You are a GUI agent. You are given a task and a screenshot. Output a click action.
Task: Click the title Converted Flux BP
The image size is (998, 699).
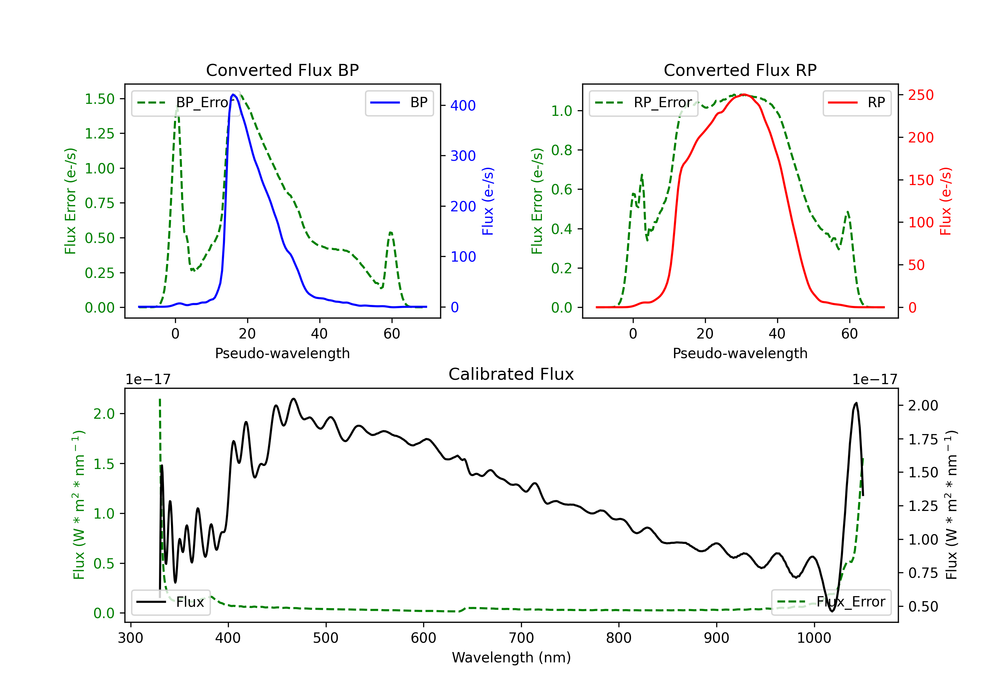click(x=282, y=70)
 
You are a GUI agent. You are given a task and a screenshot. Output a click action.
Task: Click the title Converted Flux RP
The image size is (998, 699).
click(x=740, y=70)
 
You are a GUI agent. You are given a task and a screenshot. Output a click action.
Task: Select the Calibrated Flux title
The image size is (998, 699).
click(x=511, y=374)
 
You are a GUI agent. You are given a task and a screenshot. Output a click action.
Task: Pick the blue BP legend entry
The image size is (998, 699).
click(x=399, y=103)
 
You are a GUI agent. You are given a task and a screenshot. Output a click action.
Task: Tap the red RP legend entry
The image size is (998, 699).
click(x=857, y=103)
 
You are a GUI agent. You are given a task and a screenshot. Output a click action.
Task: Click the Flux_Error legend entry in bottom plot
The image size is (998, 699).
click(x=831, y=602)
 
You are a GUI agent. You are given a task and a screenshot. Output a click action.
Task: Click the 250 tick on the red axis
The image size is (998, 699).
click(x=920, y=95)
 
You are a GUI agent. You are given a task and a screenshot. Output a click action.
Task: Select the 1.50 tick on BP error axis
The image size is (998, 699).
click(x=99, y=99)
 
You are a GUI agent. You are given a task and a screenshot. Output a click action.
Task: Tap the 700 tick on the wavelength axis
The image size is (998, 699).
click(x=521, y=638)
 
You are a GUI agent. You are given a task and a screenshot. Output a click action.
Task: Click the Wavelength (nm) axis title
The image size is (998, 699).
click(x=511, y=657)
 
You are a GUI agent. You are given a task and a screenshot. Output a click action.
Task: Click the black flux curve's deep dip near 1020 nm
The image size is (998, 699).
click(x=832, y=611)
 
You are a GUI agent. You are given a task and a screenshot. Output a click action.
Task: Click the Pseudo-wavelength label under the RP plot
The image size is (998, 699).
click(x=740, y=353)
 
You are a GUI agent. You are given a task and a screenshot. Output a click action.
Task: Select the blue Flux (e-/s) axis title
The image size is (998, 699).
click(x=488, y=201)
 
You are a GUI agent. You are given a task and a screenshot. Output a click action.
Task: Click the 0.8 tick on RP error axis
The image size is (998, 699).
click(x=562, y=150)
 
